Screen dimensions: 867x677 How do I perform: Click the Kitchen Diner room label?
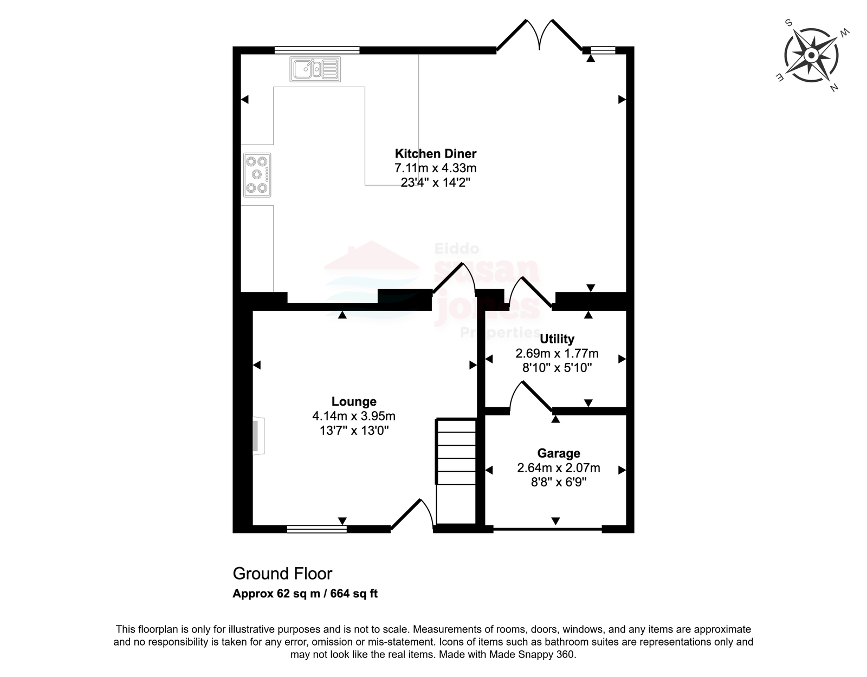pos(435,153)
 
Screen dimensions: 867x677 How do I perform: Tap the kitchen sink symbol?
pos(315,69)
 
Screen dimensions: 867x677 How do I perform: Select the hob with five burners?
pos(257,175)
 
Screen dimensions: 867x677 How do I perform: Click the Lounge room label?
pos(354,401)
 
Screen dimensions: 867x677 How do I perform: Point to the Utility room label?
pos(557,339)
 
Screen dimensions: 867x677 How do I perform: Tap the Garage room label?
pos(559,453)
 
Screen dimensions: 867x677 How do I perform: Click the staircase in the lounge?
pos(456,471)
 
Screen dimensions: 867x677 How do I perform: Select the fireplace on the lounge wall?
pos(258,436)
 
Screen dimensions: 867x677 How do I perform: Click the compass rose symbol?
pos(811,55)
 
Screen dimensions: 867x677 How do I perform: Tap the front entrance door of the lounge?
pos(412,515)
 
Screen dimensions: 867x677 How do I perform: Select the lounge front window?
pos(317,529)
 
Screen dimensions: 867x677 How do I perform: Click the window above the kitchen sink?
pos(317,50)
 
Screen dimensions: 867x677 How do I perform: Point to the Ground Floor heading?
pos(282,574)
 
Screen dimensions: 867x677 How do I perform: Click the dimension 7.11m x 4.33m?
pos(436,168)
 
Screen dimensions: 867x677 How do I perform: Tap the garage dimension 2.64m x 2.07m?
pos(559,468)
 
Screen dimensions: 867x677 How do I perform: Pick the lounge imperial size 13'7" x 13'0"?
pos(354,431)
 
